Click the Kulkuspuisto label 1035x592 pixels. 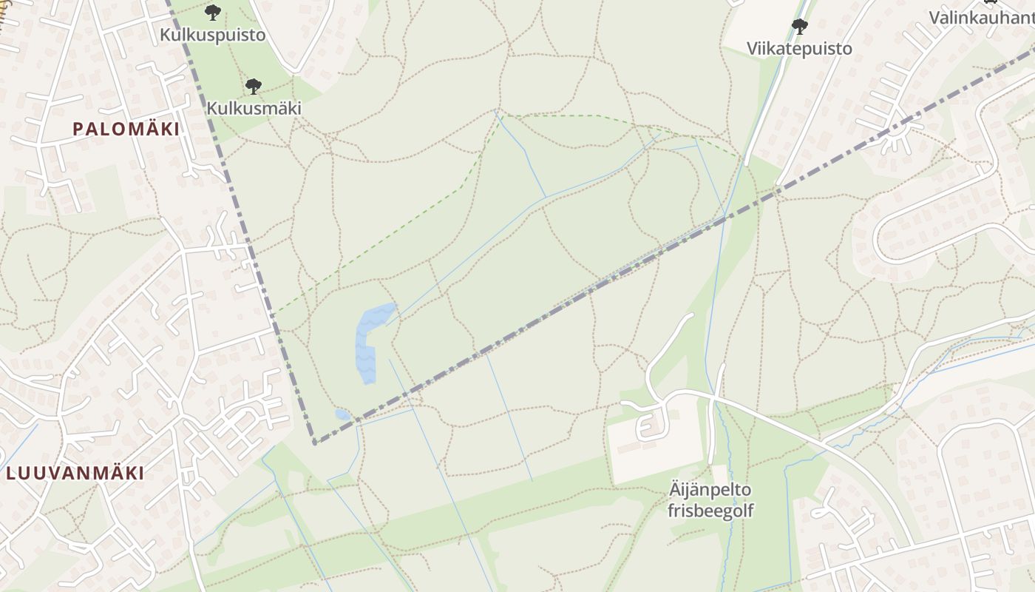(212, 35)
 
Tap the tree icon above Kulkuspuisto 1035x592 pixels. (213, 12)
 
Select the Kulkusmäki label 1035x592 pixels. (254, 108)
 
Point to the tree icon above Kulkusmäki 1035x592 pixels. (254, 86)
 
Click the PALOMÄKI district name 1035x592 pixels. (126, 129)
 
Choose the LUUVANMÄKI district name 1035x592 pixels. (75, 473)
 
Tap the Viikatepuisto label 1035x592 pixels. (799, 49)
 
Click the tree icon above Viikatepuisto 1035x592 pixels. (799, 27)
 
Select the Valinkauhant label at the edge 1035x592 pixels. (981, 17)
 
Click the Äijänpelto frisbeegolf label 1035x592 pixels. (710, 500)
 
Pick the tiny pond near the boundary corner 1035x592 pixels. (343, 414)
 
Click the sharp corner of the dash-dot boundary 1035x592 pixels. (315, 443)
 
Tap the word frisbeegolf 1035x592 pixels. (710, 511)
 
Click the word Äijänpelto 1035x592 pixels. (710, 490)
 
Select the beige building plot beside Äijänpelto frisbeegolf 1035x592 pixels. (654, 440)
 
